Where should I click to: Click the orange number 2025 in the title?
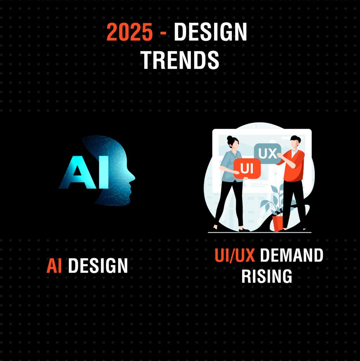pos(130,32)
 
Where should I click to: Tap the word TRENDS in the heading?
pos(180,60)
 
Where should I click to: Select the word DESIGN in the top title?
pos(210,32)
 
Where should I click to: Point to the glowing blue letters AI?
pos(84,172)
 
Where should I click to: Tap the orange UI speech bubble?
pos(247,169)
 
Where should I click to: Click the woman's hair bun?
pos(230,138)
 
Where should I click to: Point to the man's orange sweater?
pos(293,166)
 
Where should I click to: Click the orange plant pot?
pos(278,223)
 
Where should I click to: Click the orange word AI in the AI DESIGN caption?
pos(54,266)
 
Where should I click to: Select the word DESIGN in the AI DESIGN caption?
pos(98,266)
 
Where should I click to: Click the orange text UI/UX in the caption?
pos(235,255)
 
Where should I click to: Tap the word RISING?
pos(267,276)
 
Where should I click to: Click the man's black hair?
pos(295,139)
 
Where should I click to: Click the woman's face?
pos(235,144)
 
